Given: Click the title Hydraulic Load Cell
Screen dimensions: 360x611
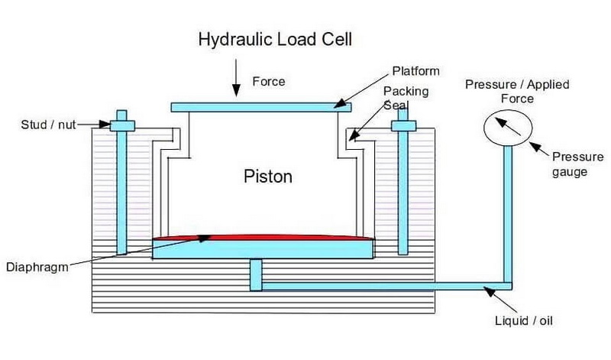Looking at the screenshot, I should (x=275, y=38).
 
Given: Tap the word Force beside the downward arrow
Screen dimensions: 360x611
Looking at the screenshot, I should (x=268, y=82).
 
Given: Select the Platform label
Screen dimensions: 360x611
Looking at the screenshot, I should (x=415, y=71).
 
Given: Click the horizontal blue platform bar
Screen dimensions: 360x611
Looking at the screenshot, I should (x=256, y=107).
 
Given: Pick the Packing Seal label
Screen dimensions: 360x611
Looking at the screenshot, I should (x=406, y=98).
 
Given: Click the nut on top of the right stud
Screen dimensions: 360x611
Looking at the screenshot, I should (x=402, y=124).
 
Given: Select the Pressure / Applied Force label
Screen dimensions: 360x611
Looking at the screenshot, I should (x=517, y=91).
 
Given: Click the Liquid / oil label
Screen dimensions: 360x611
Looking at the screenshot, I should (x=522, y=320).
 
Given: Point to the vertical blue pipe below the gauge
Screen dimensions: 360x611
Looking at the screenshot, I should (x=506, y=214).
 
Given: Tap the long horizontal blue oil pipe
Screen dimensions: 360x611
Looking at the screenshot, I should (x=382, y=286).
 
